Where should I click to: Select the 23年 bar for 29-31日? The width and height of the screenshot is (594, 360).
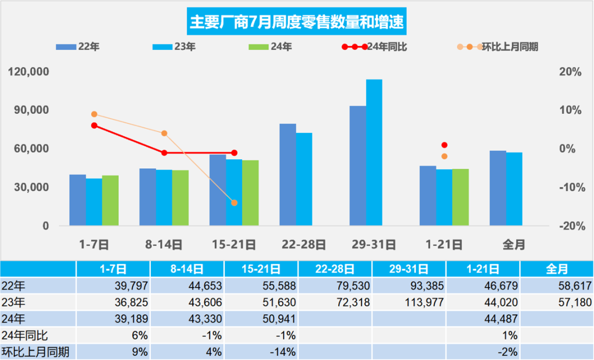click(374, 153)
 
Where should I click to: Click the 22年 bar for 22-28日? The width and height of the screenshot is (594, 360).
click(288, 175)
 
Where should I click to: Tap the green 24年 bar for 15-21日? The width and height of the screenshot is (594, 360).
click(250, 193)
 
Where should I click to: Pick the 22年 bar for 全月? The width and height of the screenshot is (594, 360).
click(498, 188)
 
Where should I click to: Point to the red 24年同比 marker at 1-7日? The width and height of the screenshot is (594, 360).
click(94, 125)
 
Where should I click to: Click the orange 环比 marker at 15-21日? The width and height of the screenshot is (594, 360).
click(234, 203)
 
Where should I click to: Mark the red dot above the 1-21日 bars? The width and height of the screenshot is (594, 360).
click(444, 145)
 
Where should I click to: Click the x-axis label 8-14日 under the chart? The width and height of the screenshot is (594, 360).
click(164, 245)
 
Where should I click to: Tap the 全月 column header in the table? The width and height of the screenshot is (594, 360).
click(557, 269)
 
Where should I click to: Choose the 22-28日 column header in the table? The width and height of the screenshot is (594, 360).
click(335, 269)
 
